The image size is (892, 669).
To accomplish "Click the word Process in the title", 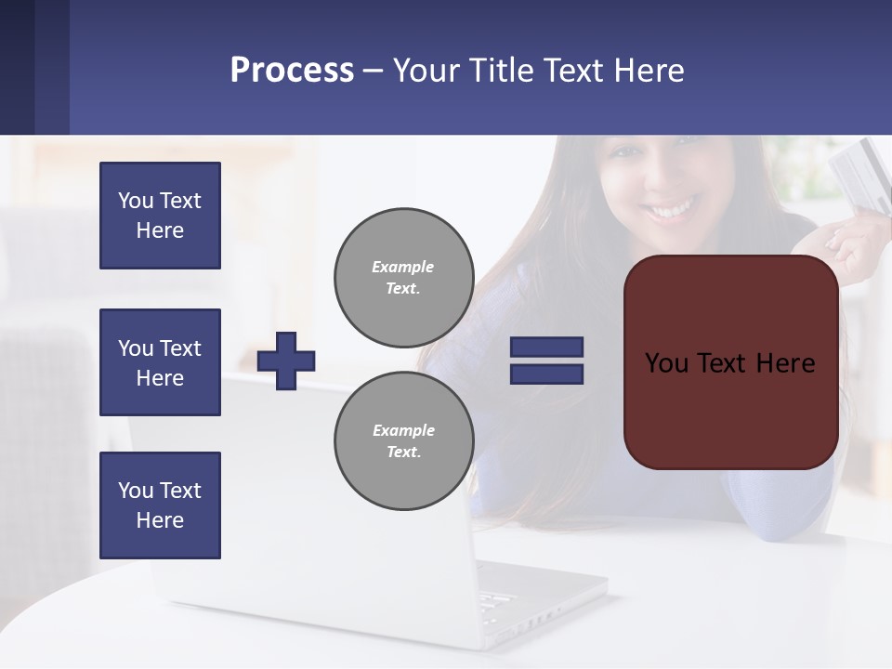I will click(x=292, y=71).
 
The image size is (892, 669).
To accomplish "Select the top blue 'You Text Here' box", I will click(x=160, y=216).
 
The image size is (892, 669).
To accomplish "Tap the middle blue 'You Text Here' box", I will click(x=160, y=362).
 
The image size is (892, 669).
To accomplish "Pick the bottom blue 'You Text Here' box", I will click(x=160, y=505).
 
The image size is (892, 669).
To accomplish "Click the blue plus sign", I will click(x=286, y=360).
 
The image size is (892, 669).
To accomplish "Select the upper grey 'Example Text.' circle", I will click(x=403, y=278).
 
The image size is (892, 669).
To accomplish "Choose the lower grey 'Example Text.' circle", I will click(x=403, y=441).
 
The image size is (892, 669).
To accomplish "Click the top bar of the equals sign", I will click(x=546, y=347).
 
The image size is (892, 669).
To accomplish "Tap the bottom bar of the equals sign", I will click(x=546, y=374).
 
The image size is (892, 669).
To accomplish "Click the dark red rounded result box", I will click(x=730, y=409).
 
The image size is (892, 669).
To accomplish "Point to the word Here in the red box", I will click(x=785, y=363).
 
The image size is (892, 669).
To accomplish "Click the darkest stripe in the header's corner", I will click(x=17, y=67).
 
